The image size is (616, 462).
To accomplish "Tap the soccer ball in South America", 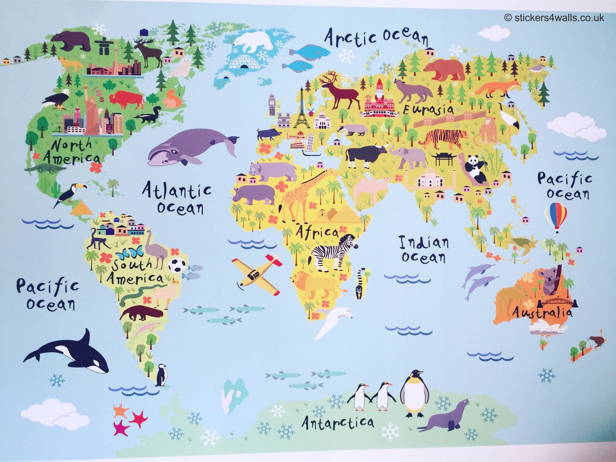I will coord(177,265).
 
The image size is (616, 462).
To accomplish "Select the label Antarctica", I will coord(338,422).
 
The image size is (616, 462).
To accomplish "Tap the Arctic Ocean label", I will coord(376,37).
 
